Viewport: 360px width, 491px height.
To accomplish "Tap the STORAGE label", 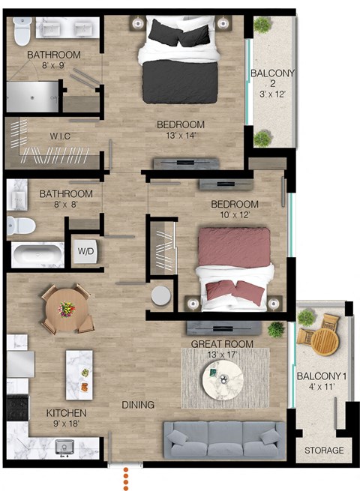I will tap(323, 451).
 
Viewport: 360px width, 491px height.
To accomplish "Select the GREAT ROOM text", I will tap(221, 344).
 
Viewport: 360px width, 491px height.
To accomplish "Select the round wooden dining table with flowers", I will tap(68, 308).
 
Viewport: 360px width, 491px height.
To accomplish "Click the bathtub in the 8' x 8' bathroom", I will tap(37, 254).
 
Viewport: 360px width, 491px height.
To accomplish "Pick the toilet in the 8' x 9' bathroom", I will tap(22, 31).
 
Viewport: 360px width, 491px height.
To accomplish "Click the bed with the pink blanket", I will tap(232, 265).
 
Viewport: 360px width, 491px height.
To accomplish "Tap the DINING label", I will tap(138, 405).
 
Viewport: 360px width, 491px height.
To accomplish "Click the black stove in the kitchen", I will tap(16, 408).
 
